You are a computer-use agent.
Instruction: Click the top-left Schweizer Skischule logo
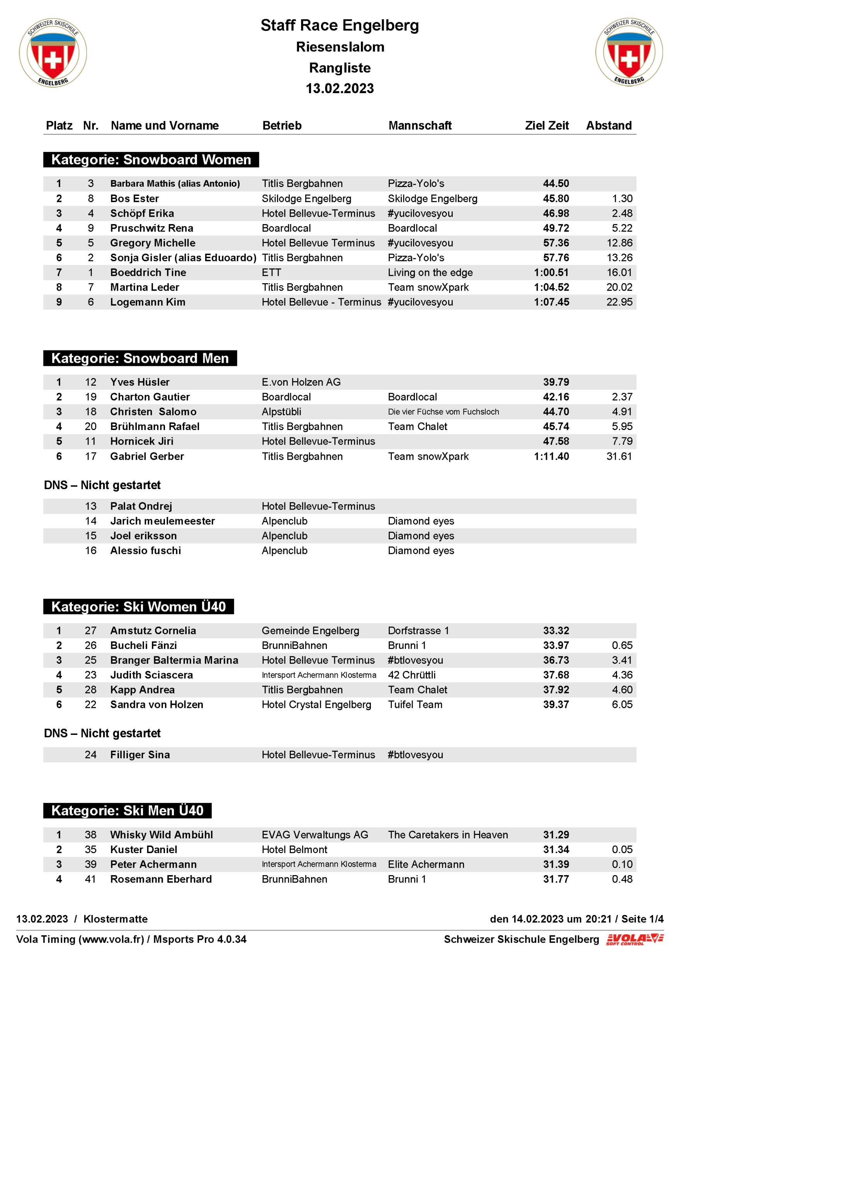[53, 53]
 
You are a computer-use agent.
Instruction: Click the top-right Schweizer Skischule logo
[629, 52]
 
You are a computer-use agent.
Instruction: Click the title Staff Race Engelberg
[340, 25]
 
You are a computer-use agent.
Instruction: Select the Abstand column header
[608, 126]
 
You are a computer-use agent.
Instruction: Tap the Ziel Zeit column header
[546, 126]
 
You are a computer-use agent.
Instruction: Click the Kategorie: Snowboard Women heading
[151, 160]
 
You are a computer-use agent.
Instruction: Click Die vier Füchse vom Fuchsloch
[443, 412]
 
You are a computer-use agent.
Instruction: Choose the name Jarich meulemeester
[162, 521]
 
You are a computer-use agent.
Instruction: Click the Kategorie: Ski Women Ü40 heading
[138, 607]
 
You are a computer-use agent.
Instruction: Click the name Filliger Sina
[140, 755]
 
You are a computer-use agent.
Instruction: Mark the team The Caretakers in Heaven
[447, 835]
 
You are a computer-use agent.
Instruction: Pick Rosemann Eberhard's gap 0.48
[622, 879]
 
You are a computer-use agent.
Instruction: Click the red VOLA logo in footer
[634, 939]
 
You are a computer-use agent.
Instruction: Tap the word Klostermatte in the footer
[115, 919]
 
